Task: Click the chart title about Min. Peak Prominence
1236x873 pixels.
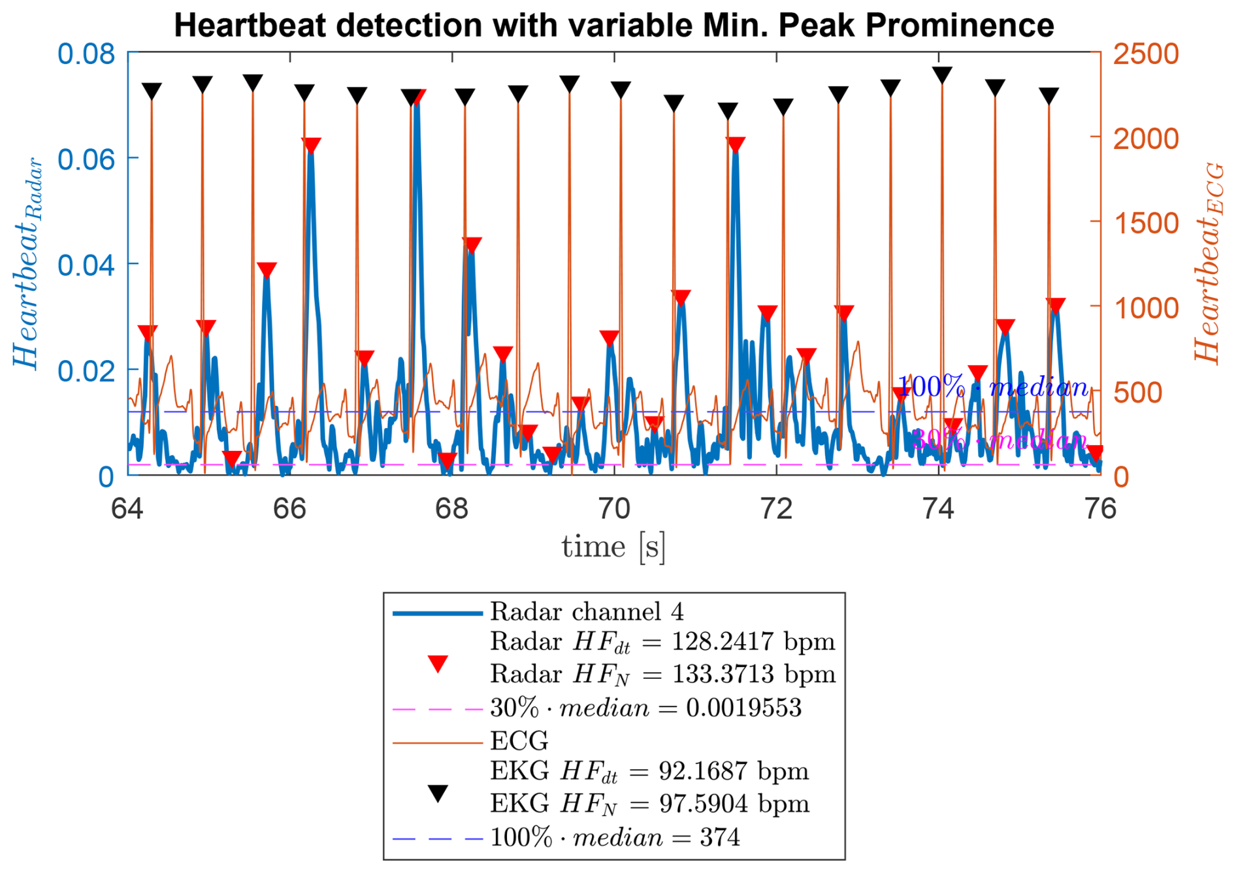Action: pyautogui.click(x=613, y=25)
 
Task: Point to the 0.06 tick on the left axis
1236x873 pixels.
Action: pyautogui.click(x=86, y=159)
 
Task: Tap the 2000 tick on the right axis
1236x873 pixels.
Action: pyautogui.click(x=1145, y=139)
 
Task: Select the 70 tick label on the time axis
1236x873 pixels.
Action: pyautogui.click(x=614, y=508)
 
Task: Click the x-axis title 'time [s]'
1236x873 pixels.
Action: pyautogui.click(x=613, y=546)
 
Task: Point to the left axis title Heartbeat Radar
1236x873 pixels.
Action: pyautogui.click(x=27, y=263)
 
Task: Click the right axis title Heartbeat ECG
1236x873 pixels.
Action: pyautogui.click(x=1208, y=263)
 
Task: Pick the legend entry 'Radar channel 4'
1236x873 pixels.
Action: pyautogui.click(x=587, y=612)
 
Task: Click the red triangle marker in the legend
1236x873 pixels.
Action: pyautogui.click(x=438, y=665)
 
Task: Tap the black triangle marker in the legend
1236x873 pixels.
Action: pyautogui.click(x=438, y=793)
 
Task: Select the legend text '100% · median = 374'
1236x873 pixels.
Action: pyautogui.click(x=615, y=837)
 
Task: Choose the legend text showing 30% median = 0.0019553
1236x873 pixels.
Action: pyautogui.click(x=645, y=708)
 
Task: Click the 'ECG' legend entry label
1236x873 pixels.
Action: pyautogui.click(x=519, y=740)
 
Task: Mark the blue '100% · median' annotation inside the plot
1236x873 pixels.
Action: pyautogui.click(x=992, y=387)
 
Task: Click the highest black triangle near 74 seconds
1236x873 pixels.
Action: pyautogui.click(x=941, y=75)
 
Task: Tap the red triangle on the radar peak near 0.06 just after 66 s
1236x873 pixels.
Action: pyautogui.click(x=312, y=145)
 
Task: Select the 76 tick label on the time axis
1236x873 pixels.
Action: pyautogui.click(x=1100, y=508)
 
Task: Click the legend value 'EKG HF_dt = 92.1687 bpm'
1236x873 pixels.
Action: pyautogui.click(x=649, y=772)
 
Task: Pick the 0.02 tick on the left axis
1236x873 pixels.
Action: pyautogui.click(x=86, y=371)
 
